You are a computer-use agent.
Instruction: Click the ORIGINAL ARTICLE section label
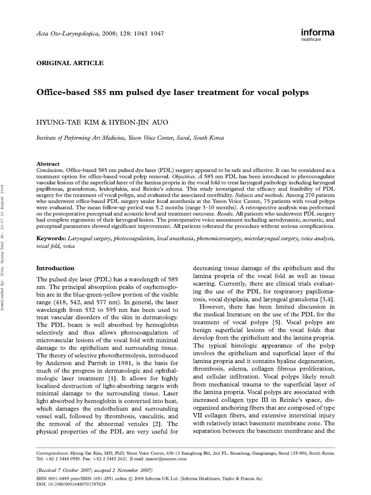(70, 63)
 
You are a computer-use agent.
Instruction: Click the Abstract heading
(48, 164)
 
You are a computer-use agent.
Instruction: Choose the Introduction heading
(55, 268)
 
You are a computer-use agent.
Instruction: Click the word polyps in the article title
(294, 92)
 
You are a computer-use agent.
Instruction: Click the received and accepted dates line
(94, 470)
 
